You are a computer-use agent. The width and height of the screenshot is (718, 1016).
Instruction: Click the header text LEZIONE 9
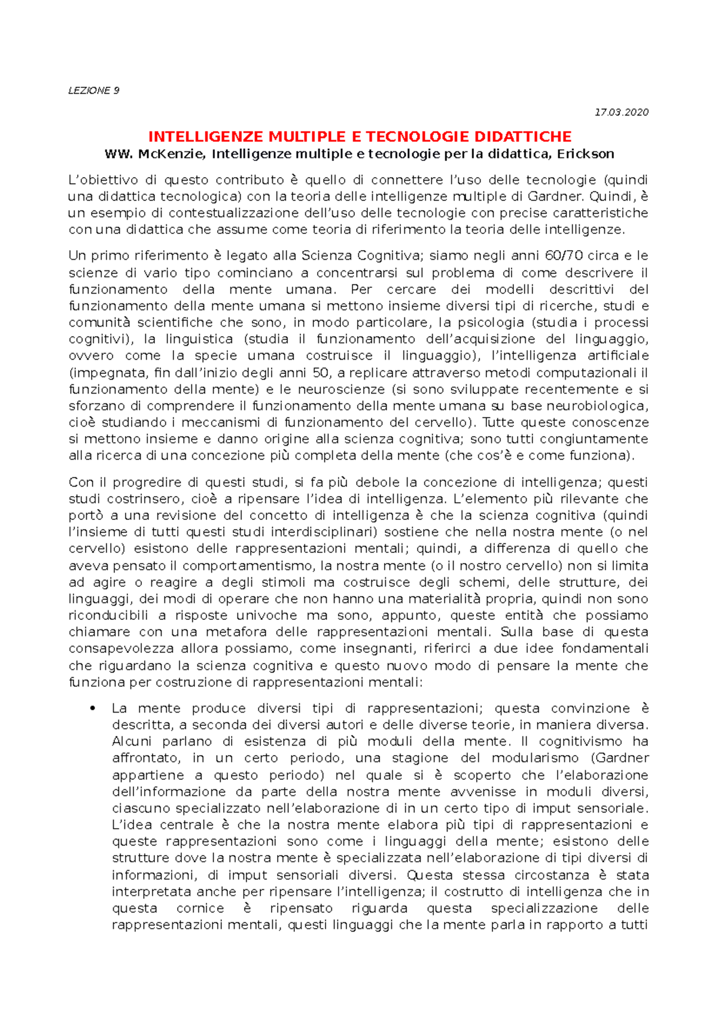pos(94,91)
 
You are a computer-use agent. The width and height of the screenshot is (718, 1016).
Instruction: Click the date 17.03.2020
pos(622,112)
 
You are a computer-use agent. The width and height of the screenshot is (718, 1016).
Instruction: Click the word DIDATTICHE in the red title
pos(522,136)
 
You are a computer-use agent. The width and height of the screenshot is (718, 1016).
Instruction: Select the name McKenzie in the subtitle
pos(172,154)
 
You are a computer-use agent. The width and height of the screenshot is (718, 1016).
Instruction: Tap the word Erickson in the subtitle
pos(586,154)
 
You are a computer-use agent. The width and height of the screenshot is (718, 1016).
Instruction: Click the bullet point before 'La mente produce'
pos(92,709)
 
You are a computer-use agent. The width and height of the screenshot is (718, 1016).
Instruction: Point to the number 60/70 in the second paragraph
pos(564,256)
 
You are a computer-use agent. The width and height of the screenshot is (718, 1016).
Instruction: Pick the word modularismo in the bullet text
pos(535,758)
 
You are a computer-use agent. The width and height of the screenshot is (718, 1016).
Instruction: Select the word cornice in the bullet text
pos(200,908)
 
